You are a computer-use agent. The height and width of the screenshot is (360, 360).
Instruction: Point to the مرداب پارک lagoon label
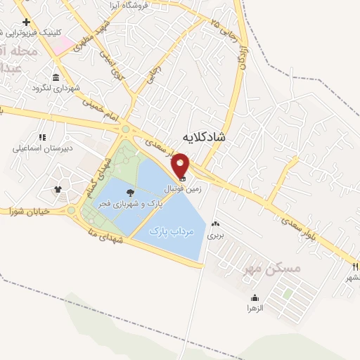[171, 231]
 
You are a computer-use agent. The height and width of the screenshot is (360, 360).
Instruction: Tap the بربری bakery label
[214, 236]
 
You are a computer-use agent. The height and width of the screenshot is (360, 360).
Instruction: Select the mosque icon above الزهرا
[255, 297]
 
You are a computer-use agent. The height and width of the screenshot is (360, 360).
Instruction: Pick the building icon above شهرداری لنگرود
[56, 77]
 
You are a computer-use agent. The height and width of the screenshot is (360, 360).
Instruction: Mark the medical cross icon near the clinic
[26, 22]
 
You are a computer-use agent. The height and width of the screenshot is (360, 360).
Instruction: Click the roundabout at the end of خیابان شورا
[71, 210]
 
